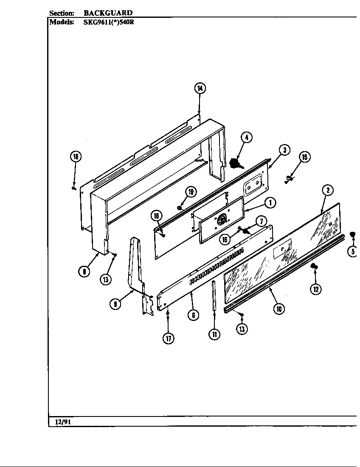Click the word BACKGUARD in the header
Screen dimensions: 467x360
coord(108,13)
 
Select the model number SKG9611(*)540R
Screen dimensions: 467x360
coord(109,22)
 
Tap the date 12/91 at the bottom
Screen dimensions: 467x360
coord(62,422)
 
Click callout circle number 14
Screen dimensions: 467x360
coord(200,88)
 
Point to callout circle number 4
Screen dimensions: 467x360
coord(247,137)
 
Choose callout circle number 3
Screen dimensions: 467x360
coord(284,149)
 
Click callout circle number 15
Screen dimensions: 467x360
coord(304,157)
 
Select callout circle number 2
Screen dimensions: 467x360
coord(327,190)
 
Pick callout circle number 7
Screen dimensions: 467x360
coord(261,221)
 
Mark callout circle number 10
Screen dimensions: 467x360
coord(278,309)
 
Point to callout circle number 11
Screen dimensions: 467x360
coord(215,334)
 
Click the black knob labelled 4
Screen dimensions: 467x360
coord(234,163)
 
